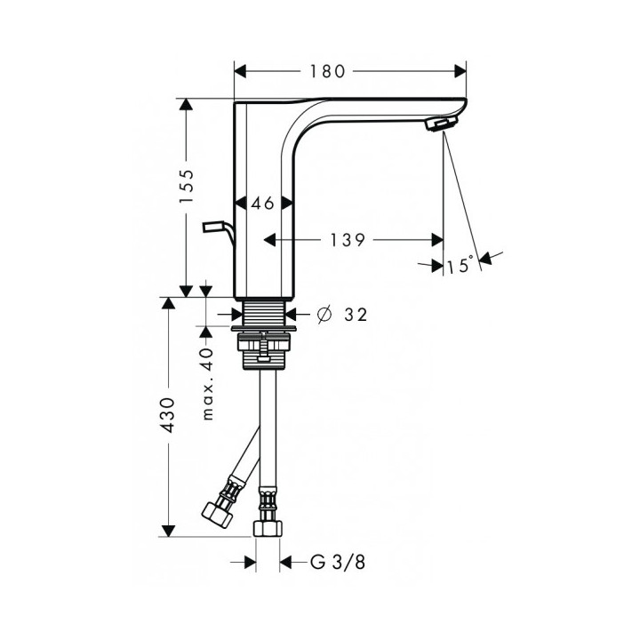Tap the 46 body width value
[262, 204]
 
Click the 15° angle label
[460, 266]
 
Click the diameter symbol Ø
[324, 314]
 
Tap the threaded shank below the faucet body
[264, 314]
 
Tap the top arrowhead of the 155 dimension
[186, 105]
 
